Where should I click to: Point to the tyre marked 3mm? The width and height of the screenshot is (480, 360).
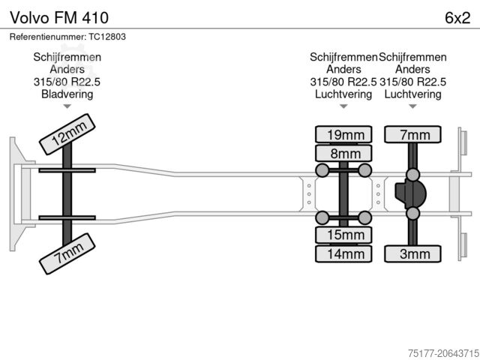[x=413, y=254]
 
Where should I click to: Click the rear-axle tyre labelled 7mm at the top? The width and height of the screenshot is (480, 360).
[x=413, y=135]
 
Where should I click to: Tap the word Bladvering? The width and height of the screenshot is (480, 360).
[x=67, y=94]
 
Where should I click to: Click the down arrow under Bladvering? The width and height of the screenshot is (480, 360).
[x=67, y=108]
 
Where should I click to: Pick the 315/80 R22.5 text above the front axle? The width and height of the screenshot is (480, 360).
[x=67, y=82]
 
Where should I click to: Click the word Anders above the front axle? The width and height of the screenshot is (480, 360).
[x=67, y=70]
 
